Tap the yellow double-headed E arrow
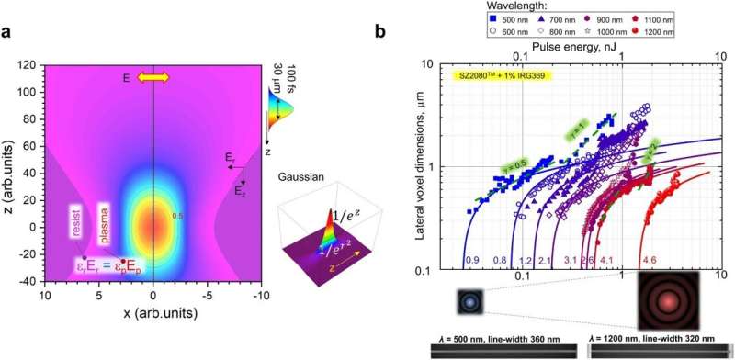tap(153, 79)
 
